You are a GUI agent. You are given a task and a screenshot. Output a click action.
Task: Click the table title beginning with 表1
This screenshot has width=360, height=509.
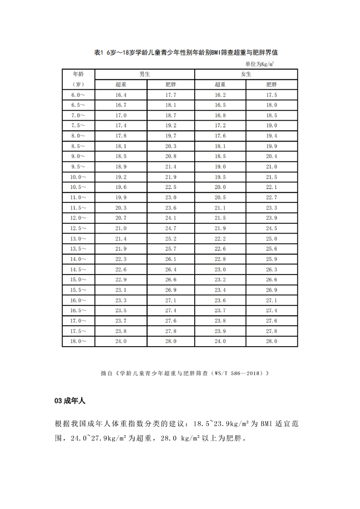(x=189, y=53)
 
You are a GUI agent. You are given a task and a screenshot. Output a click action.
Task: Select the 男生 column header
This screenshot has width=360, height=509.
(x=145, y=74)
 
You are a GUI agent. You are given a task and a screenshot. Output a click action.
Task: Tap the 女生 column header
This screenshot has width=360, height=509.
(x=246, y=74)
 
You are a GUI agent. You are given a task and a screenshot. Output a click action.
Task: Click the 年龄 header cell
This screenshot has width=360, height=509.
(x=78, y=74)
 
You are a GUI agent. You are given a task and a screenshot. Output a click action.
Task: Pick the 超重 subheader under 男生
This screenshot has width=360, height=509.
(x=121, y=84)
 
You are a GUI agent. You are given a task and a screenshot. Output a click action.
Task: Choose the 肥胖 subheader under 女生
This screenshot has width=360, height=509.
(x=271, y=84)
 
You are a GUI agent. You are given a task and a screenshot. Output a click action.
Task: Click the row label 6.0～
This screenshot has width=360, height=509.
(x=78, y=95)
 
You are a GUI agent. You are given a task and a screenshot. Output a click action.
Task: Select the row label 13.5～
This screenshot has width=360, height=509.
(x=78, y=249)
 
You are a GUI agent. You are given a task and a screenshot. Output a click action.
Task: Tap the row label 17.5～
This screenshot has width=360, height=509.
(x=78, y=331)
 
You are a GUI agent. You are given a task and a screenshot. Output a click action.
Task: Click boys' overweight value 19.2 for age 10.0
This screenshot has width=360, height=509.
(x=121, y=177)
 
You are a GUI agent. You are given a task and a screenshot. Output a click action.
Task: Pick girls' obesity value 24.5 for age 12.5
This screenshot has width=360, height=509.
(x=271, y=228)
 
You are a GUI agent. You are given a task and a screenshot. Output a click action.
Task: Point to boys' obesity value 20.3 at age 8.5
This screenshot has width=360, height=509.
(x=171, y=146)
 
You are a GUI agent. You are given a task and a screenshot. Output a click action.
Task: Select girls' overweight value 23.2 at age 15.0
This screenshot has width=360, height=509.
(x=220, y=279)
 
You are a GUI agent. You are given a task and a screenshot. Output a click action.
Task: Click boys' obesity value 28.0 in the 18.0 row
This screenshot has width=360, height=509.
(x=171, y=341)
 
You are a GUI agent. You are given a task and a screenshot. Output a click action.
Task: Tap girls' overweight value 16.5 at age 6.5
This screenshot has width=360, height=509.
(x=220, y=105)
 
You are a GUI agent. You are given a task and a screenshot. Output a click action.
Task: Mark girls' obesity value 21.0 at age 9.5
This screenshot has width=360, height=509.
(x=271, y=166)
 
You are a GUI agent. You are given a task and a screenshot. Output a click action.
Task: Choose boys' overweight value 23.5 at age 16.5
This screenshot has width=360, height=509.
(x=121, y=310)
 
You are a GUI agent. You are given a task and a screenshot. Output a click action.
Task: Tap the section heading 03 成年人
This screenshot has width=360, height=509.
(x=69, y=401)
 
